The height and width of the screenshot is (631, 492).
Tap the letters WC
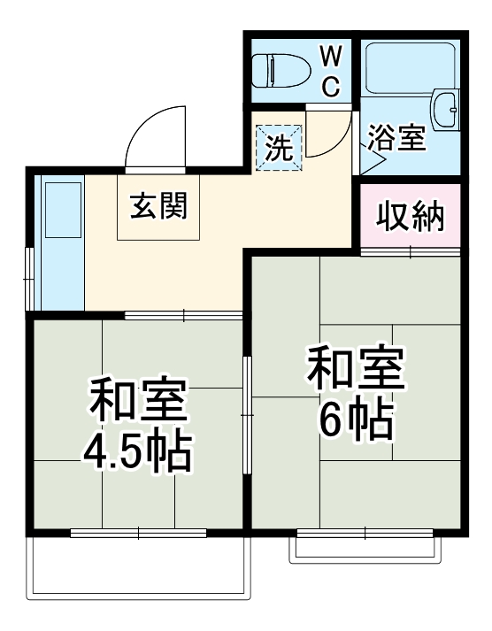coord(329,71)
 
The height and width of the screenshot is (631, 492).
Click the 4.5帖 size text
coord(137,452)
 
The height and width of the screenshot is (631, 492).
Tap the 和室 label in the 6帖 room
coord(356,371)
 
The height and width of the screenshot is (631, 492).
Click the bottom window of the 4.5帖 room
coord(138,533)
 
